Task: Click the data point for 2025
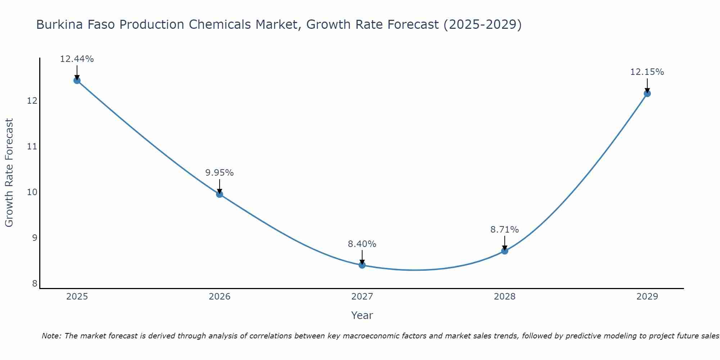pyautogui.click(x=77, y=80)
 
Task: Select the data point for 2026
pyautogui.click(x=220, y=194)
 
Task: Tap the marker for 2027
pyautogui.click(x=362, y=265)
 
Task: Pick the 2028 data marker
pyautogui.click(x=505, y=251)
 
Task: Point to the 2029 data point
pyautogui.click(x=647, y=94)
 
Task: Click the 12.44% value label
pyautogui.click(x=77, y=59)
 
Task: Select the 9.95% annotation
pyautogui.click(x=220, y=173)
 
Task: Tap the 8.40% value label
pyautogui.click(x=362, y=244)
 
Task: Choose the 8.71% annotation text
pyautogui.click(x=505, y=230)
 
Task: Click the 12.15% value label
pyautogui.click(x=647, y=72)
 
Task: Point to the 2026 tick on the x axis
pyautogui.click(x=220, y=297)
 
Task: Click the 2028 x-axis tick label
pyautogui.click(x=505, y=297)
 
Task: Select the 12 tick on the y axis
pyautogui.click(x=32, y=100)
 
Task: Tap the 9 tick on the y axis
pyautogui.click(x=35, y=238)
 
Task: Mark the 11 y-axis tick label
pyautogui.click(x=32, y=146)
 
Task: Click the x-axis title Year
pyautogui.click(x=362, y=315)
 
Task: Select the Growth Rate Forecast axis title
pyautogui.click(x=9, y=173)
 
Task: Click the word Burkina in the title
pyautogui.click(x=58, y=25)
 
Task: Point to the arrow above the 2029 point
pyautogui.click(x=647, y=86)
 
